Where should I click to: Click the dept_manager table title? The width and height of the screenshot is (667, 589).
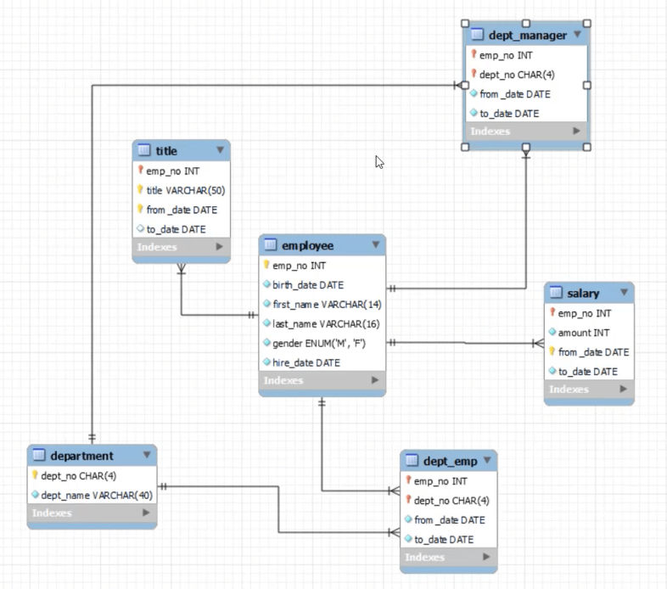point(528,36)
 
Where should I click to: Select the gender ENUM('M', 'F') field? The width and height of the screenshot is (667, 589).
point(318,343)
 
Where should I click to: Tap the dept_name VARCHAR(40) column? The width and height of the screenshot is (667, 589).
point(97,496)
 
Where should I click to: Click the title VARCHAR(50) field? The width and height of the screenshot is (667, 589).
point(186,190)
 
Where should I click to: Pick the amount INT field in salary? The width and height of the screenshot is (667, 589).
point(584,333)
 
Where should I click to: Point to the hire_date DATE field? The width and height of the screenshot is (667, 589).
point(306,362)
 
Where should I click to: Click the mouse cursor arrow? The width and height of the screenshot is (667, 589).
point(379,162)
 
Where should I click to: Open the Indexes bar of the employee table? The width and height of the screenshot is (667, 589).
point(322,380)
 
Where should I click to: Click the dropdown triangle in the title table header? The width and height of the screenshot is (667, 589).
point(220,150)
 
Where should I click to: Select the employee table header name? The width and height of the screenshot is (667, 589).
point(307,245)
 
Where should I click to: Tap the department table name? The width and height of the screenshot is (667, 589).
point(81,456)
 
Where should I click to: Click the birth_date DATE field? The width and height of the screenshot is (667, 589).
point(308,285)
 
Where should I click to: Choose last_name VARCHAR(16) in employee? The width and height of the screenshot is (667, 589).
point(326,324)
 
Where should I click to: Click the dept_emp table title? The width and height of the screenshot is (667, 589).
point(450,462)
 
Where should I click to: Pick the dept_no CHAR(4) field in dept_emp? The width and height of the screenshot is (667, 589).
point(451,501)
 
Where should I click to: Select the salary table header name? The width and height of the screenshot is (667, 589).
point(583,293)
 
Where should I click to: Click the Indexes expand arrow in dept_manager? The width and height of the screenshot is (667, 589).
point(576,131)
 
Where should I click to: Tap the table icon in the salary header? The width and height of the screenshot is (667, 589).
point(556,292)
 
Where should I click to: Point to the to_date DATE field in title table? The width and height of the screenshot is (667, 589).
point(177,229)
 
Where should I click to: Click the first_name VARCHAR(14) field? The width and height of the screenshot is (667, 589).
point(327,305)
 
